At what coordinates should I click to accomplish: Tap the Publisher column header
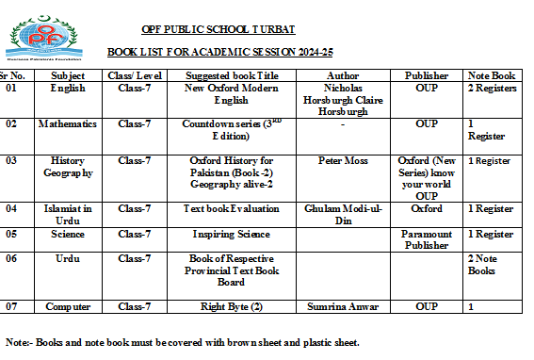pyautogui.click(x=426, y=74)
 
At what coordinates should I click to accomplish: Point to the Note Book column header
pyautogui.click(x=492, y=74)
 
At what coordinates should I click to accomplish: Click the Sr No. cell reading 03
pyautogui.click(x=12, y=161)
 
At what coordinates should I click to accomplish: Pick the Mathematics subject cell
pyautogui.click(x=68, y=123)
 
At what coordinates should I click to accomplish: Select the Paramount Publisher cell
pyautogui.click(x=426, y=239)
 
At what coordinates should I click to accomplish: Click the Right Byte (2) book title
pyautogui.click(x=231, y=306)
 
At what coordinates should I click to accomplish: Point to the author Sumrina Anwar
pyautogui.click(x=342, y=306)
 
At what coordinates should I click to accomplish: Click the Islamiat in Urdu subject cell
pyautogui.click(x=68, y=214)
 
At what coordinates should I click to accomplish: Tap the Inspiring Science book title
pyautogui.click(x=231, y=234)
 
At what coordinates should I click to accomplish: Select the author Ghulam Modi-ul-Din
pyautogui.click(x=342, y=214)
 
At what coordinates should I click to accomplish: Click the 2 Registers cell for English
pyautogui.click(x=493, y=89)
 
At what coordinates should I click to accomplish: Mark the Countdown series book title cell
pyautogui.click(x=231, y=129)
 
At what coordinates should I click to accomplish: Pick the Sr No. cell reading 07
pyautogui.click(x=12, y=306)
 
